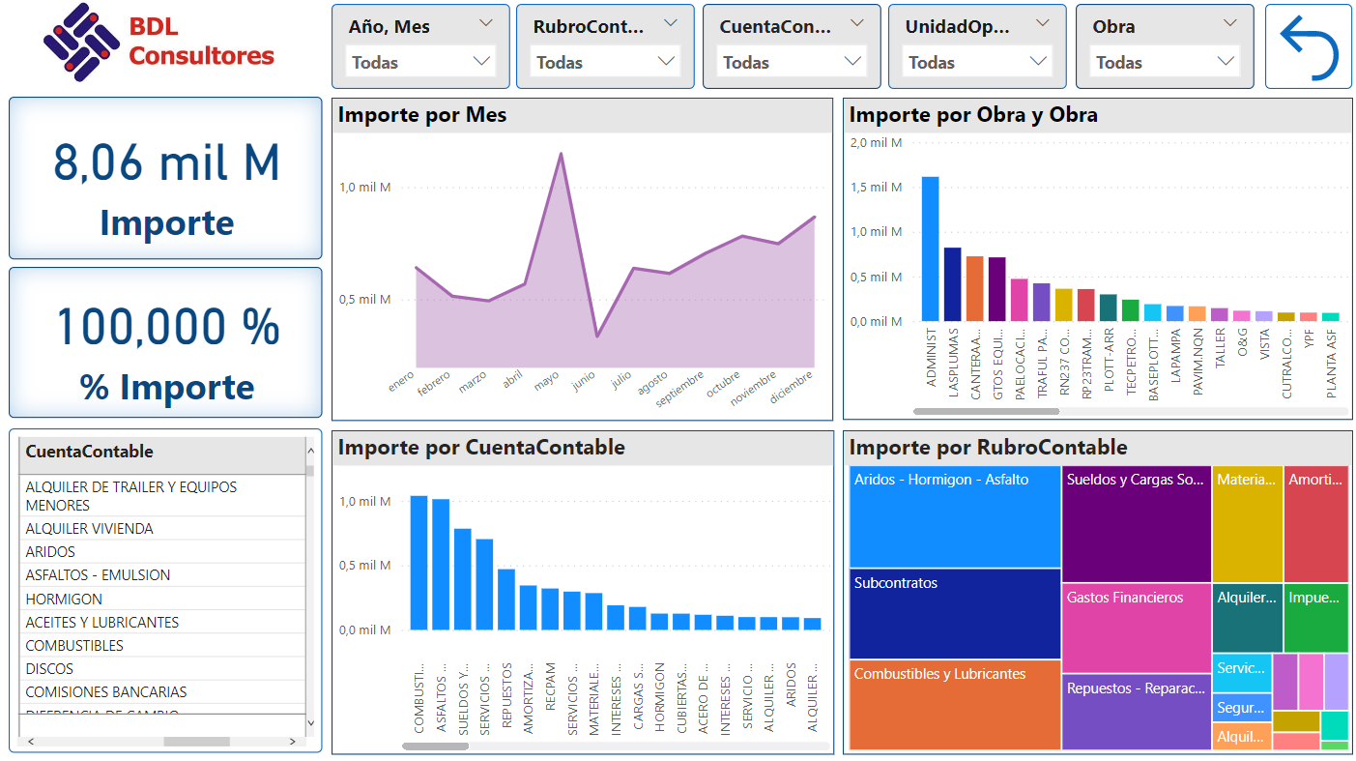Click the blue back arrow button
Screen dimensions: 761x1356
coord(1309,46)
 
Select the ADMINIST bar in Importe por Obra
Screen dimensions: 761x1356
coord(930,249)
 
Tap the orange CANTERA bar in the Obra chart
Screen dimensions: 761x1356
coord(974,288)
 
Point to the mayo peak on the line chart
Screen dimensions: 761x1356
coord(561,153)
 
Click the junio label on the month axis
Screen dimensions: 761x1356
coord(584,382)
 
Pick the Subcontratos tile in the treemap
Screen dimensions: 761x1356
coord(955,613)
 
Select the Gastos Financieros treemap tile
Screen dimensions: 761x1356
coord(1136,628)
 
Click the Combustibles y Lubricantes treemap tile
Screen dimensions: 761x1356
coord(955,705)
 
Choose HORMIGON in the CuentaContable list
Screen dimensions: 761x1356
coord(63,599)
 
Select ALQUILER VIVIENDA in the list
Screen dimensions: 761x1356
coord(89,529)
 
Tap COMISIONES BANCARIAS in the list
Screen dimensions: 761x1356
coord(106,692)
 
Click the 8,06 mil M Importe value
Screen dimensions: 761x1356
coord(166,162)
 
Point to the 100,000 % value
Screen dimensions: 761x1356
coord(166,327)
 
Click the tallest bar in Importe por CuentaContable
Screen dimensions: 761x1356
coord(418,563)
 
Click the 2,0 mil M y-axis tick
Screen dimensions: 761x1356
coord(876,143)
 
